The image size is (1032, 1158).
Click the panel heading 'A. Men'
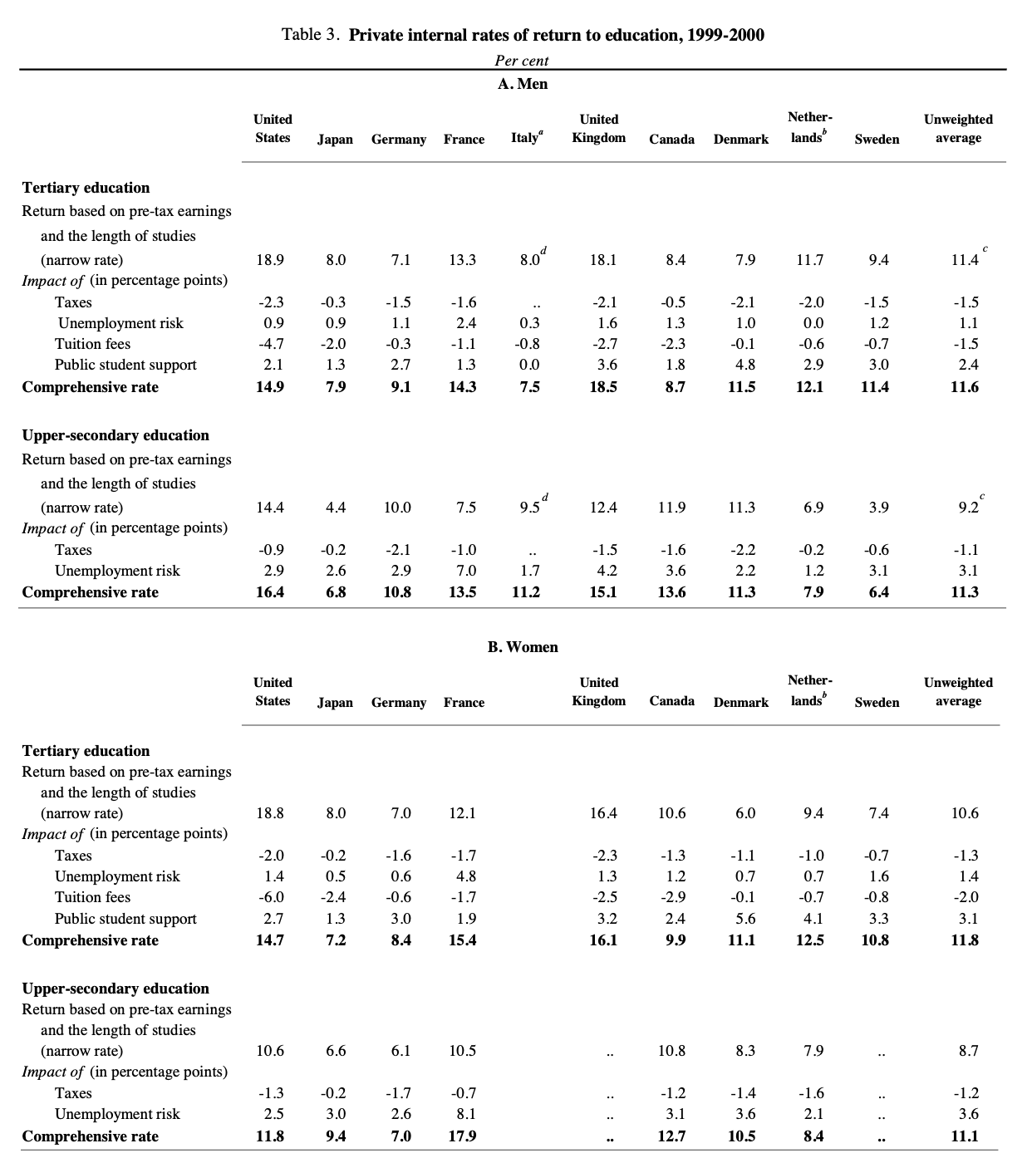click(x=522, y=84)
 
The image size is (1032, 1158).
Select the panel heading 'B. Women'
click(x=522, y=647)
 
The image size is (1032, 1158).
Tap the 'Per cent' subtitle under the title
click(x=522, y=61)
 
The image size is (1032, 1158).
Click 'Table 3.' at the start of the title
click(x=311, y=35)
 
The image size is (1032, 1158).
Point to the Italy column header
click(x=527, y=138)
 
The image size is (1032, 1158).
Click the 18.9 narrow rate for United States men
click(x=270, y=260)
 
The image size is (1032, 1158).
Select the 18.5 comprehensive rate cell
click(x=602, y=387)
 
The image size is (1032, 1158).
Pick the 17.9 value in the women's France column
click(x=462, y=1136)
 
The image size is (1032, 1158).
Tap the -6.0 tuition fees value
click(x=270, y=897)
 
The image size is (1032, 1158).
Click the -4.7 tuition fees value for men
click(x=270, y=344)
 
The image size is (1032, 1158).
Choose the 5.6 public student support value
click(x=745, y=919)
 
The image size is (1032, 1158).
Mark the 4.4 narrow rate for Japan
click(x=336, y=508)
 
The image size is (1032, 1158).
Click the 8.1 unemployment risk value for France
click(x=466, y=1114)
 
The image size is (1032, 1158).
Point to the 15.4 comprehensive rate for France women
click(x=462, y=940)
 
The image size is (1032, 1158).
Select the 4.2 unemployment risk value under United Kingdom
click(x=607, y=571)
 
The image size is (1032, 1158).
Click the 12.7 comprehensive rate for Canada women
click(x=671, y=1136)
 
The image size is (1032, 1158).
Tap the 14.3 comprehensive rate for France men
click(x=462, y=387)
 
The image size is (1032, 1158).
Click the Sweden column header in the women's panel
click(x=877, y=703)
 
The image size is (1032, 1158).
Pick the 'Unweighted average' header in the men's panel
click(x=958, y=129)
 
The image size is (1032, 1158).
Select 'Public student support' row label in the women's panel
click(x=125, y=919)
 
